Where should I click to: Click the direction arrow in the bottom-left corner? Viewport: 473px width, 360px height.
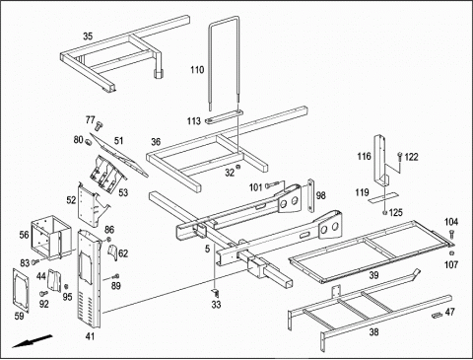[33, 341]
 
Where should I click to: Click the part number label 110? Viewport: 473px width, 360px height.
[197, 70]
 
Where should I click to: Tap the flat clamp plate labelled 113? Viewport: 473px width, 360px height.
[224, 116]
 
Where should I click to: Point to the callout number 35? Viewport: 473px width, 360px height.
[88, 36]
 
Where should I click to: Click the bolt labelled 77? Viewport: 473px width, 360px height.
[99, 125]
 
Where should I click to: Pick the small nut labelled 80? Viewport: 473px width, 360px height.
[88, 142]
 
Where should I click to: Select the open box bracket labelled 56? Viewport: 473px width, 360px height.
[51, 238]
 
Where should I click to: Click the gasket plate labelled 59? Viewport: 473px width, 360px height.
[21, 290]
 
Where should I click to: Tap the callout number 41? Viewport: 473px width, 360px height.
[90, 336]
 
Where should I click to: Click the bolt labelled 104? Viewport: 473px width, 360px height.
[451, 235]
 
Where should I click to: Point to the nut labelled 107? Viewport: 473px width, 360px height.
[451, 252]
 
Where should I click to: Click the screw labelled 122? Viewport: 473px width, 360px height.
[400, 157]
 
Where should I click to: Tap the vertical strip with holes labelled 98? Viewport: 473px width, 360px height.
[310, 195]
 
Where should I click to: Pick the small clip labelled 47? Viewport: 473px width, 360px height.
[437, 316]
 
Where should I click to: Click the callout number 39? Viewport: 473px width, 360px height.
[373, 275]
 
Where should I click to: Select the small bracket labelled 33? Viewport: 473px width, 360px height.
[216, 292]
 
